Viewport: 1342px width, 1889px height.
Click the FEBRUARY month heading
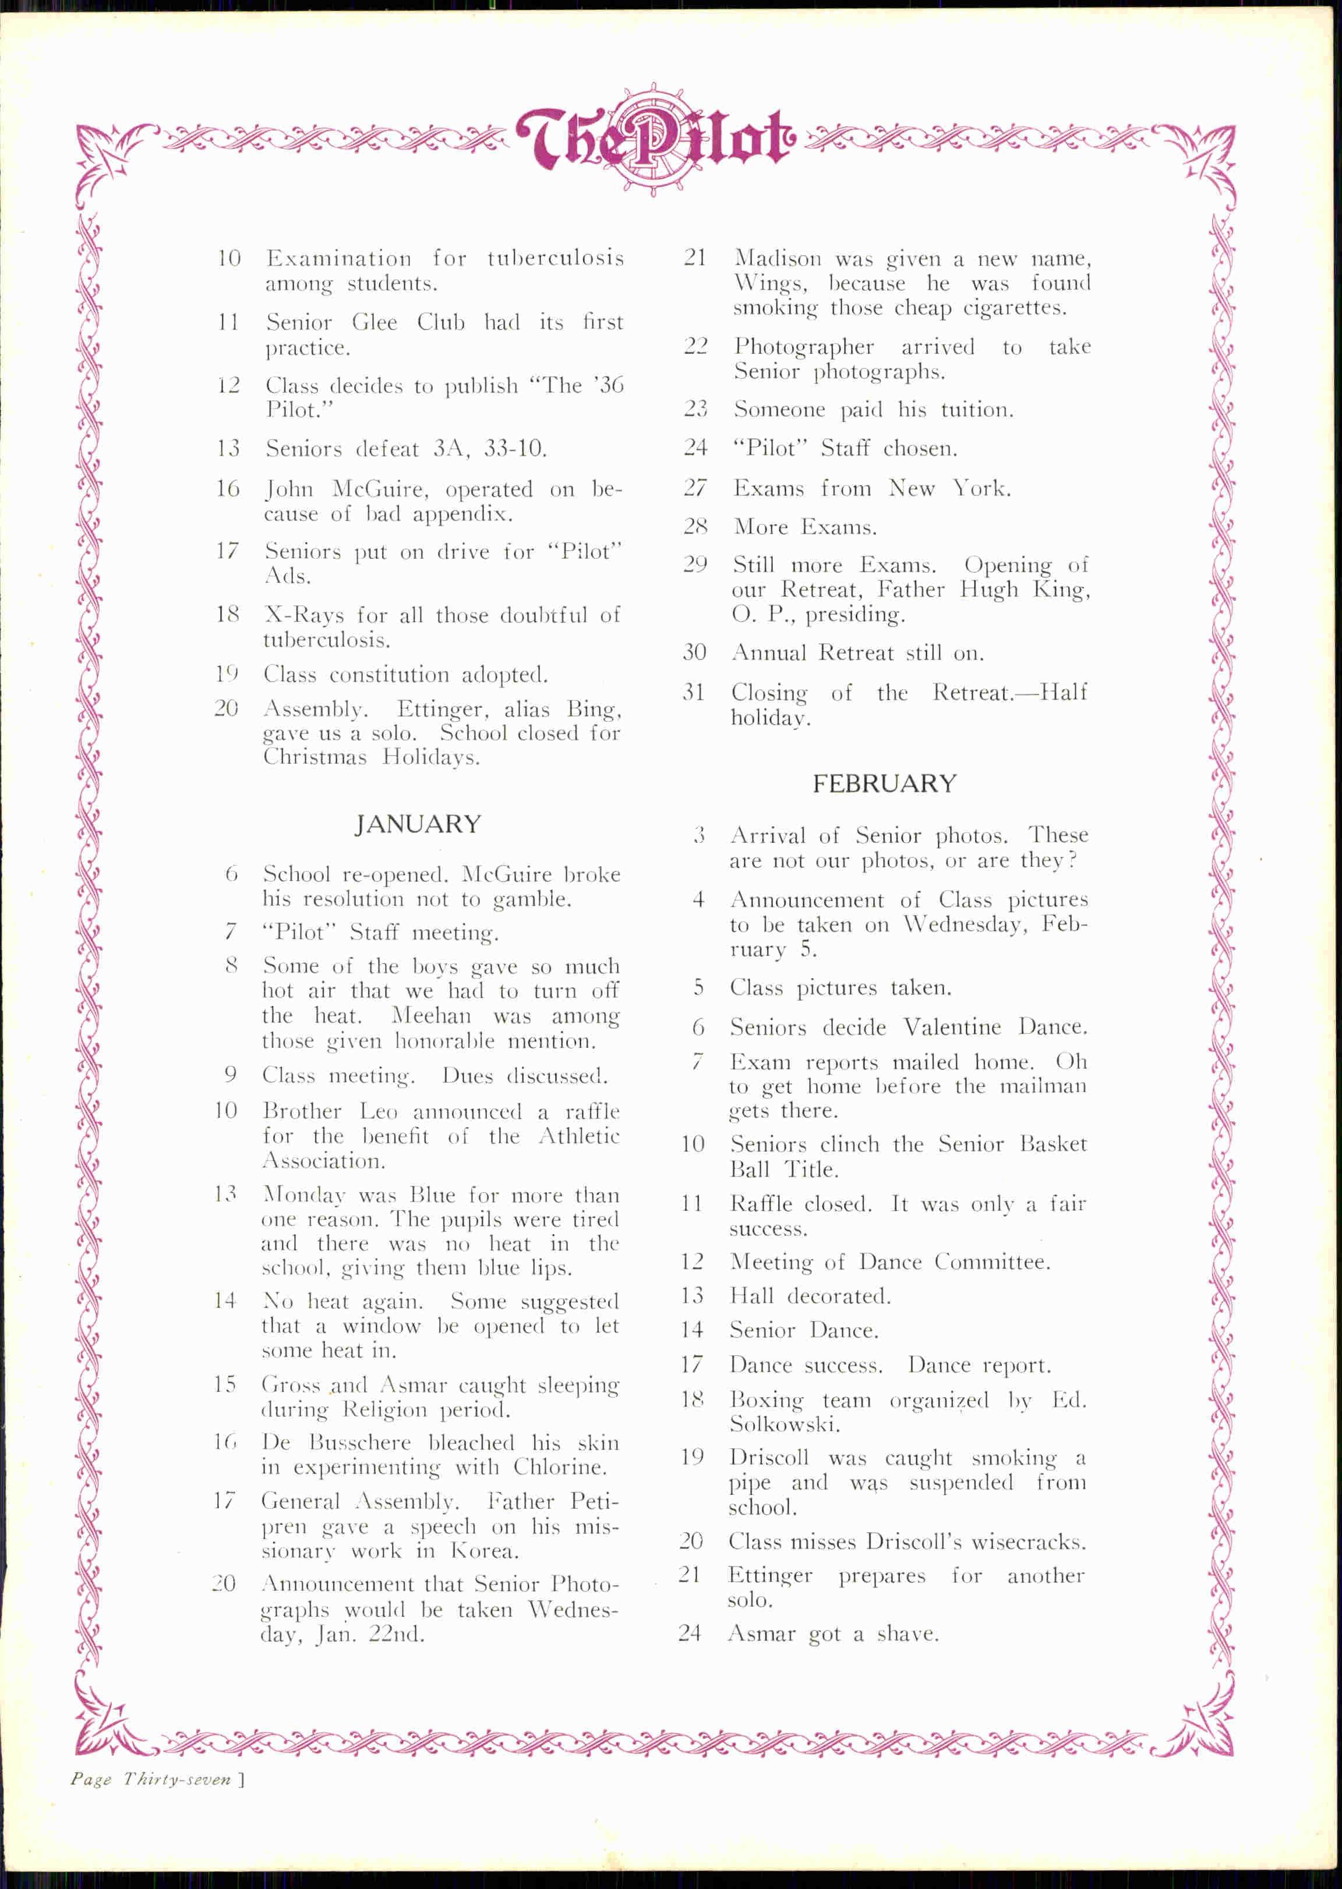(884, 783)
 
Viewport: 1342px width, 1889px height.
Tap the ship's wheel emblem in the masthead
(653, 140)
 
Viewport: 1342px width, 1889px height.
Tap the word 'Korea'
(484, 1551)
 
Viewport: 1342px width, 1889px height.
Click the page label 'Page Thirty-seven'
(153, 1780)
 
